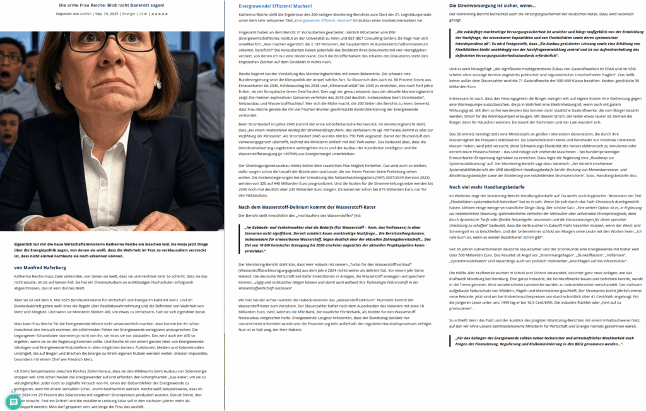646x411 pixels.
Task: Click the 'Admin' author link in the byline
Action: pyautogui.click(x=85, y=13)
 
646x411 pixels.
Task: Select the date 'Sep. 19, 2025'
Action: pyautogui.click(x=107, y=13)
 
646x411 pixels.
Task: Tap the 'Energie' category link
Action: pyautogui.click(x=129, y=13)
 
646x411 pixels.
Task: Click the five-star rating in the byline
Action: pyautogui.click(x=160, y=13)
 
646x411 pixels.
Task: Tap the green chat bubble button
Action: pyautogui.click(x=13, y=402)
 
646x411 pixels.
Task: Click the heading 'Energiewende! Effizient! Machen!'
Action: pyautogui.click(x=276, y=5)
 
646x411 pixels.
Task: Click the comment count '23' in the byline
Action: pyautogui.click(x=141, y=13)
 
